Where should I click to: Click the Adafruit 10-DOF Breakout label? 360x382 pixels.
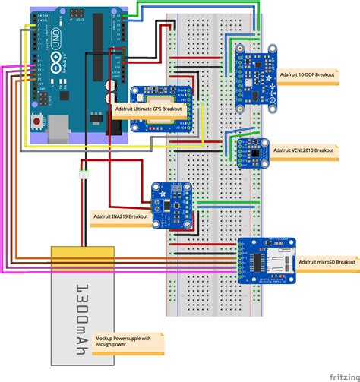click(x=314, y=76)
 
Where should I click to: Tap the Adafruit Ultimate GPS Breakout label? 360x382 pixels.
click(x=151, y=109)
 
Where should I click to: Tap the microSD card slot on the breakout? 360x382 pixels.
click(x=283, y=260)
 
